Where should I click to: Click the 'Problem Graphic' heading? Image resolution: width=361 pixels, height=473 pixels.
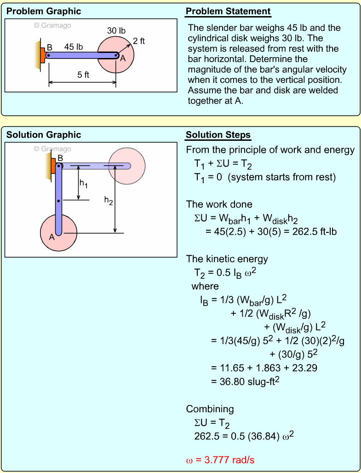coord(44,12)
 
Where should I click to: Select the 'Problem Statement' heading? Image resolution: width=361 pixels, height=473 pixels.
coord(228,12)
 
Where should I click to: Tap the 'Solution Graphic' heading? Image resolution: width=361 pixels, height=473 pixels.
coord(44,135)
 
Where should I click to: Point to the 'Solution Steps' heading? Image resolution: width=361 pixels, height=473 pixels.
coord(218,135)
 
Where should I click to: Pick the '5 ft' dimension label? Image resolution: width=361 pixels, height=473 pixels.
coord(83,75)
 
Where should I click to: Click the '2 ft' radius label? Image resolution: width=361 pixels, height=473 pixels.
coord(139,41)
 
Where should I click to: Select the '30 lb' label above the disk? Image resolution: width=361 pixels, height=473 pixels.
coord(116,31)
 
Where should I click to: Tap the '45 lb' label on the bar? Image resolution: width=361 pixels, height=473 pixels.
coord(74,47)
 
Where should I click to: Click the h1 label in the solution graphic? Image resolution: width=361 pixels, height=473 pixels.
coord(83,183)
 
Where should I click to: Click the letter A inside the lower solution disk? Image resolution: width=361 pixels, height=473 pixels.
coord(52,237)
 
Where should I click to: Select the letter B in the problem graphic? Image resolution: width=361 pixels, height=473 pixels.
coord(50,47)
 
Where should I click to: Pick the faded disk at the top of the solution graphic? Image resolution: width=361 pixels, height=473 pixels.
coord(126,166)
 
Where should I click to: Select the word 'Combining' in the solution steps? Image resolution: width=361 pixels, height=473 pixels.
coord(210,409)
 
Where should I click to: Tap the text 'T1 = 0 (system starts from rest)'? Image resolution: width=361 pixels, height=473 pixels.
coord(265,177)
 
